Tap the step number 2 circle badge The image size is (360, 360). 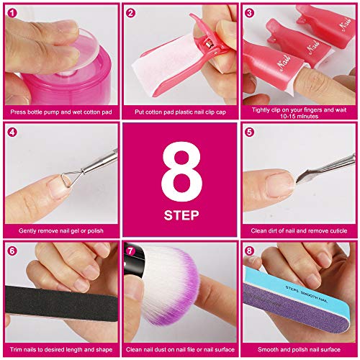coord(131,13)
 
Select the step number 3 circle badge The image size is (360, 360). coord(250,13)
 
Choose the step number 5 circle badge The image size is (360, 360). coord(250,132)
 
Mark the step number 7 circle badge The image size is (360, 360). coord(131,252)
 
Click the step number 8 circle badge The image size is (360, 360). coord(250,252)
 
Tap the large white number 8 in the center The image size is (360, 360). coord(180,174)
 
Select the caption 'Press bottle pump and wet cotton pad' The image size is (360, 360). coord(60,112)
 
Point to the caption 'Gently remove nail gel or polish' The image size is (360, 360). coord(60,231)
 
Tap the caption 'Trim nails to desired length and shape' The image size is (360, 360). coord(60,350)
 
